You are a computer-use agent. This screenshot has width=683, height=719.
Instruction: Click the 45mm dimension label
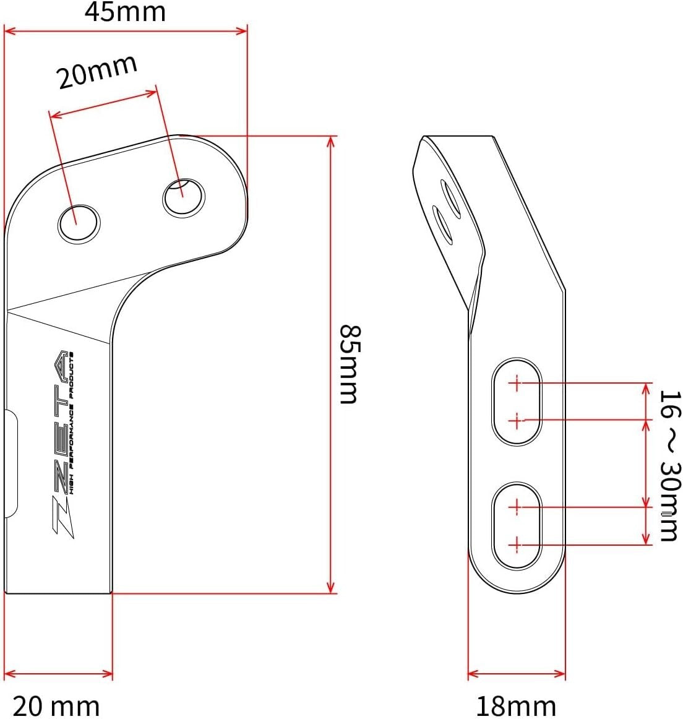[125, 12]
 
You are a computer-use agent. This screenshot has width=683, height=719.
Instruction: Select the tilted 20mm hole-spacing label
[97, 72]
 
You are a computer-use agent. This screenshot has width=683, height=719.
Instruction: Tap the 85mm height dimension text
[350, 363]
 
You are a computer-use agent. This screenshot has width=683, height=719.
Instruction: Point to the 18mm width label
[515, 705]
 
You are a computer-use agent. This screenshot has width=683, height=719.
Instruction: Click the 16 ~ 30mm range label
[669, 465]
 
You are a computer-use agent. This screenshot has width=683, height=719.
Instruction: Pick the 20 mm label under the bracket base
[56, 706]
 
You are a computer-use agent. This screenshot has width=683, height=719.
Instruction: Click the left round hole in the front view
[79, 223]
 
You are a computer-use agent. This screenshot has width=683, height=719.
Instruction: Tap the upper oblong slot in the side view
[517, 401]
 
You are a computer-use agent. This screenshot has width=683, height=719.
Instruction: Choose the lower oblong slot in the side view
[517, 525]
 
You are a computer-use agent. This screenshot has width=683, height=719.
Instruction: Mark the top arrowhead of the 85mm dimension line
[331, 141]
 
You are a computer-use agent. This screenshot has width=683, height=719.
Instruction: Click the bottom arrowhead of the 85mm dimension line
[331, 587]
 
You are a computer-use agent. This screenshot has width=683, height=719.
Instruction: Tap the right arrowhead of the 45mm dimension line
[242, 30]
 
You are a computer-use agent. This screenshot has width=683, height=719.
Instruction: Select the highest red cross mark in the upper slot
[515, 383]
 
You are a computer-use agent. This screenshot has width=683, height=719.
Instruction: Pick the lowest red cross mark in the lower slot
[515, 545]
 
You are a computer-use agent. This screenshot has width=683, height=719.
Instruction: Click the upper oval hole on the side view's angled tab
[450, 199]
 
